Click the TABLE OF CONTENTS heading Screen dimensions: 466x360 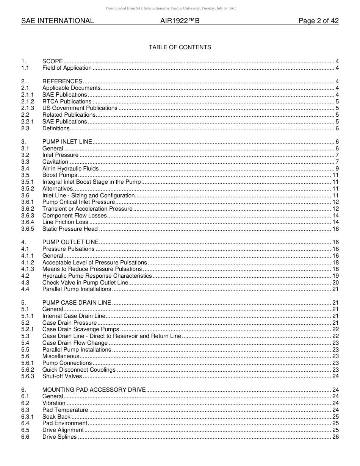180,47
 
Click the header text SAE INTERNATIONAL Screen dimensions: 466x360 57,21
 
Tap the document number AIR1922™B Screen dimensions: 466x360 180,21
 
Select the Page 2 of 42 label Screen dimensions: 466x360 318,21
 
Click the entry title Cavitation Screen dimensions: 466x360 55,162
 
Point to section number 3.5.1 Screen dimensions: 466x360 28,182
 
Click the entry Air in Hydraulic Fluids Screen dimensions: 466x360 70,169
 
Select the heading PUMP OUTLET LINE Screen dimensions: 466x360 70,242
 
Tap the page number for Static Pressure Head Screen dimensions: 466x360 335,229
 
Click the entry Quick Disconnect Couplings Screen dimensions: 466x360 79,370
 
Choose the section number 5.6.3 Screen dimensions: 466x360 28,376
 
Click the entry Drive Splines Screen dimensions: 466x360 59,437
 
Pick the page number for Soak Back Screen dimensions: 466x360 335,417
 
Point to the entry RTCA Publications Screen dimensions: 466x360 67,102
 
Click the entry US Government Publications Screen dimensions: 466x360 80,108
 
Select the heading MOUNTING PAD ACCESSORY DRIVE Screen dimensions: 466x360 94,390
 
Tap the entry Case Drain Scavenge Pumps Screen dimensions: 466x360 81,329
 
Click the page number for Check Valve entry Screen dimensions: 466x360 335,283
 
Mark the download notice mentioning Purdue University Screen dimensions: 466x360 171,8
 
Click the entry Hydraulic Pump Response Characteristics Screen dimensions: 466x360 97,276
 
